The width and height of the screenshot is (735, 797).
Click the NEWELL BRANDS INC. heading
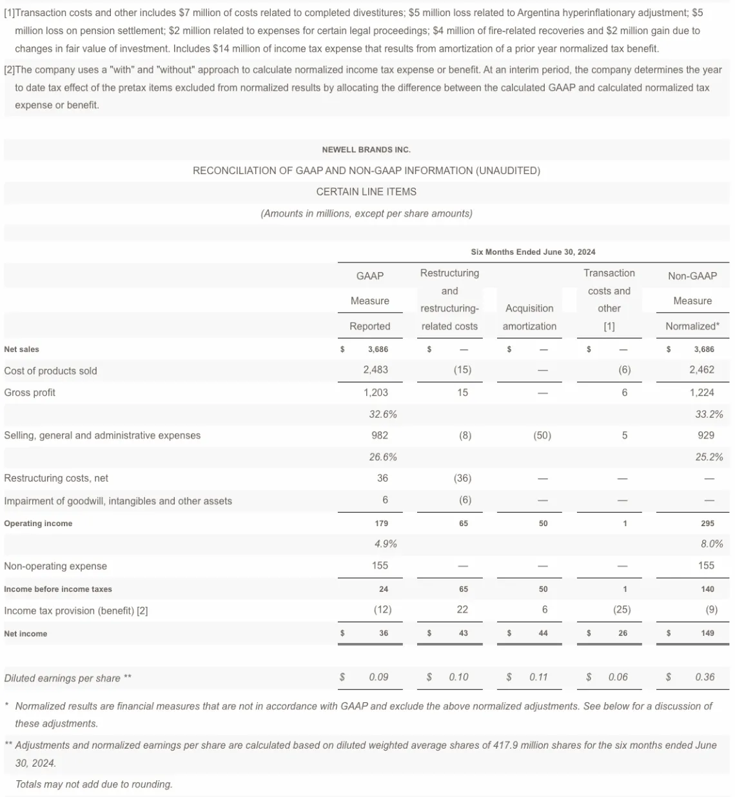pos(366,150)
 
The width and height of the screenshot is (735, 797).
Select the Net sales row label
pos(21,349)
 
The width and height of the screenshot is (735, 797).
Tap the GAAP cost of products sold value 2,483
pos(375,370)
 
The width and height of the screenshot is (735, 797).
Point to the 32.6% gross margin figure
pos(382,415)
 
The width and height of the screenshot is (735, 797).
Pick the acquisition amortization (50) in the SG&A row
pos(542,436)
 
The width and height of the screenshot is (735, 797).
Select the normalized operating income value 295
pos(707,524)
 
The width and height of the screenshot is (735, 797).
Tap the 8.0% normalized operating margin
pos(712,544)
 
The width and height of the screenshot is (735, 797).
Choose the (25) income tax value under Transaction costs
pos(622,610)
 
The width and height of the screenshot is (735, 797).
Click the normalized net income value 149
pos(707,633)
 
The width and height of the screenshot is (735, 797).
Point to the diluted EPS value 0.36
pos(705,677)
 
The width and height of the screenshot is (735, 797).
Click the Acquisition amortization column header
pos(529,317)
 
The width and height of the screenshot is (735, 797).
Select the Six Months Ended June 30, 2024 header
pos(533,252)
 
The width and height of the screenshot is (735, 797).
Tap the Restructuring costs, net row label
pos(56,478)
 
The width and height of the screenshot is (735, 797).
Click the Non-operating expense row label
pos(55,566)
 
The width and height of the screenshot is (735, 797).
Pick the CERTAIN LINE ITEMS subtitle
pos(366,192)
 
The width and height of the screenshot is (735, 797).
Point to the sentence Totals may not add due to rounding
pos(94,785)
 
